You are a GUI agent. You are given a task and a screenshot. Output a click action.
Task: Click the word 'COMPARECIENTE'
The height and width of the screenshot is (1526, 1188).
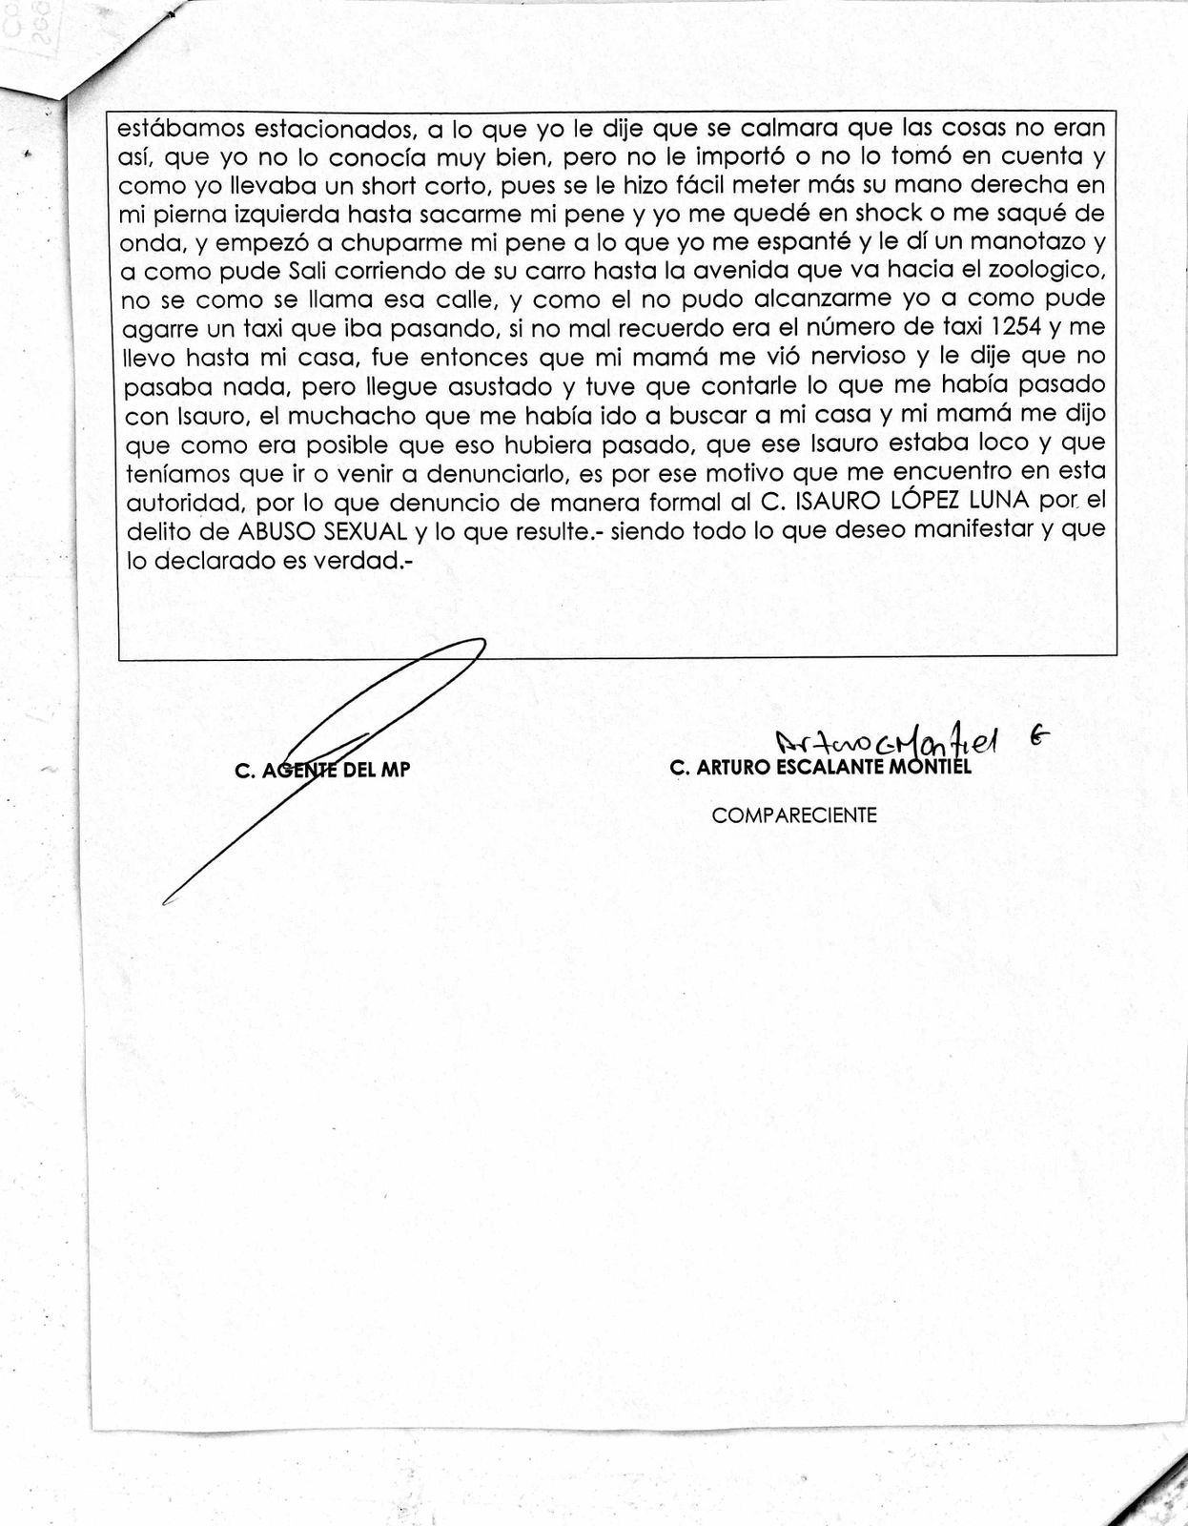point(794,815)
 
